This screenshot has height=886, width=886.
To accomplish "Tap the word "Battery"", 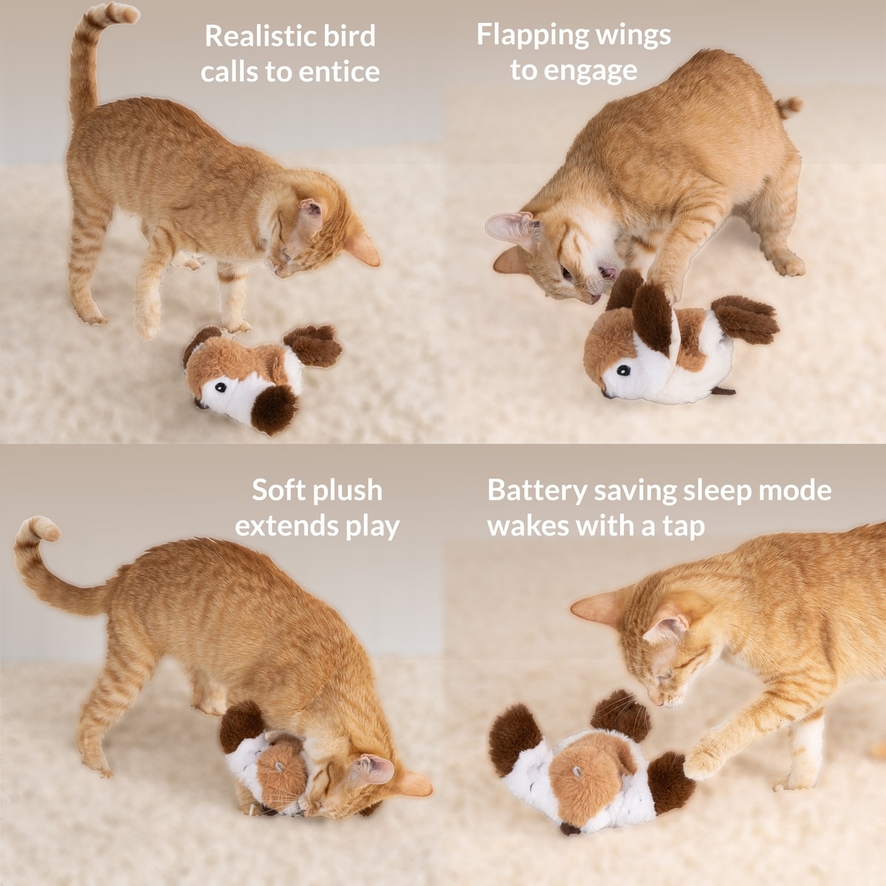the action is (537, 492).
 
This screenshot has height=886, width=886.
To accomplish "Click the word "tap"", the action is (684, 528).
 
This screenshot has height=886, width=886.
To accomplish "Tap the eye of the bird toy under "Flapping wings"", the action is (623, 370).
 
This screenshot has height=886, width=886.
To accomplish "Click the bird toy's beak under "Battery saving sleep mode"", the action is (570, 828).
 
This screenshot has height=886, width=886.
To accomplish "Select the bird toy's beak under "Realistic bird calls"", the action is (200, 404).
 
